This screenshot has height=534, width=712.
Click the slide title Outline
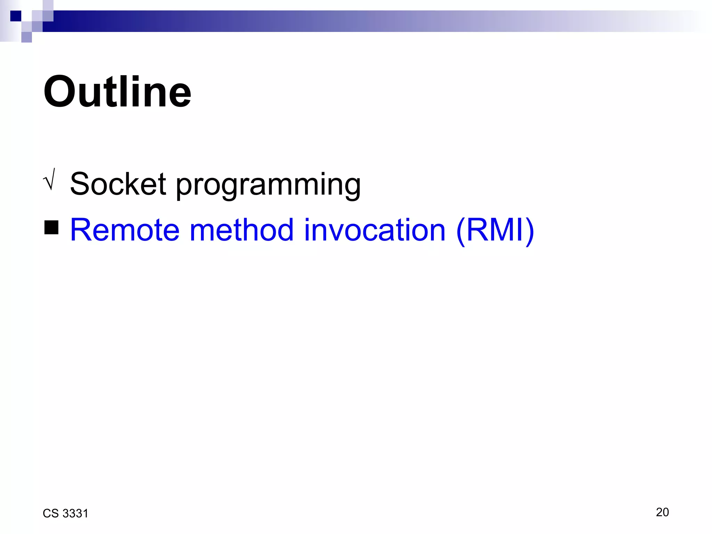pos(117,92)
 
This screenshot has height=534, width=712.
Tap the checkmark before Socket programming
pos(50,179)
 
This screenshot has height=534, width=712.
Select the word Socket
pos(118,184)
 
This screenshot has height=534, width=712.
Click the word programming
pos(268,186)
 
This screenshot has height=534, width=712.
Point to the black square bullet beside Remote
pos(51,228)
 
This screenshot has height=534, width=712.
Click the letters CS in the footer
pos(50,513)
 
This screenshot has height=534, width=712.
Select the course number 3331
pos(75,513)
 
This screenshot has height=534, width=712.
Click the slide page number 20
pos(662,512)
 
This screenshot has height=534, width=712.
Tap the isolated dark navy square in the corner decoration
pos(16,16)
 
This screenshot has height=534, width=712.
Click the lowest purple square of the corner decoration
pos(26,37)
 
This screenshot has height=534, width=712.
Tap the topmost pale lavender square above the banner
pos(48,5)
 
